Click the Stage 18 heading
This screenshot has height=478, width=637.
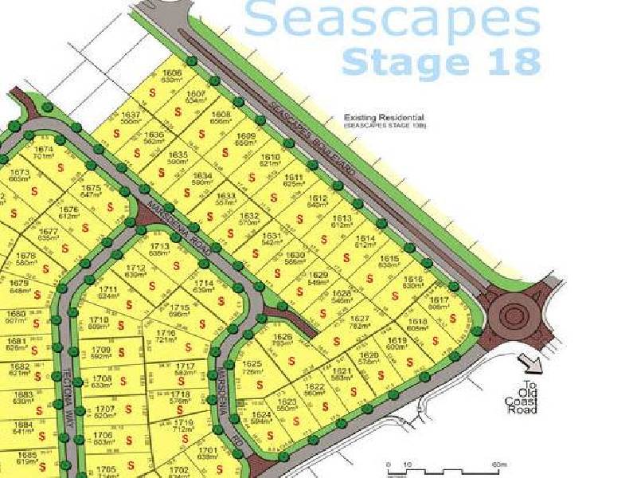[x=441, y=61]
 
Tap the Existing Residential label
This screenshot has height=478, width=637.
[x=378, y=117]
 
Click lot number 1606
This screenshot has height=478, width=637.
[x=172, y=73]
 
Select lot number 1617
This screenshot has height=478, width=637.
[x=440, y=300]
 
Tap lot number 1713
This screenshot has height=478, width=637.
[x=160, y=247]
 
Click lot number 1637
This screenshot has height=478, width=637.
[x=131, y=115]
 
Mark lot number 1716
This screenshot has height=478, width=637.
[x=165, y=334]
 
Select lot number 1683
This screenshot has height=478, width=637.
[x=24, y=395]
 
